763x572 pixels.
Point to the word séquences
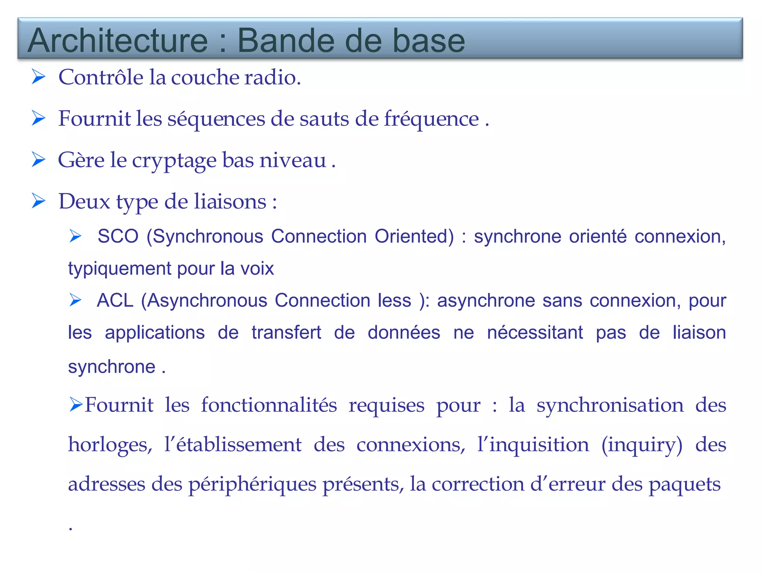click(x=216, y=119)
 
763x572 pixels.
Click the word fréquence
click(x=431, y=119)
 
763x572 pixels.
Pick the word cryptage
click(x=174, y=161)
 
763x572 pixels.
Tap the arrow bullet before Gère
click(x=39, y=160)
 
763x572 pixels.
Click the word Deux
click(x=85, y=202)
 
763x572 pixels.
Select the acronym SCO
click(x=118, y=236)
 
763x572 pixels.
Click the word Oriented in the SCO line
click(x=414, y=236)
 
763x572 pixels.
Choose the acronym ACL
click(x=115, y=301)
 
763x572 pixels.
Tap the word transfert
click(x=286, y=333)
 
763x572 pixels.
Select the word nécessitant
click(x=535, y=333)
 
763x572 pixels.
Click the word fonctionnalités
click(x=269, y=405)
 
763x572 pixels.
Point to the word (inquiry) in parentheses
click(x=642, y=445)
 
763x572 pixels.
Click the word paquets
click(x=684, y=484)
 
